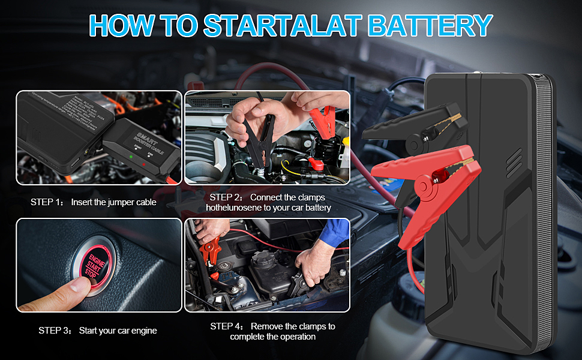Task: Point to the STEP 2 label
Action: pyautogui.click(x=226, y=197)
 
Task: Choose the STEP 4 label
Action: pyautogui.click(x=227, y=326)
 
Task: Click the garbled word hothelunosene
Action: pyautogui.click(x=237, y=208)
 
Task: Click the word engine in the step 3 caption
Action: pyautogui.click(x=143, y=331)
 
